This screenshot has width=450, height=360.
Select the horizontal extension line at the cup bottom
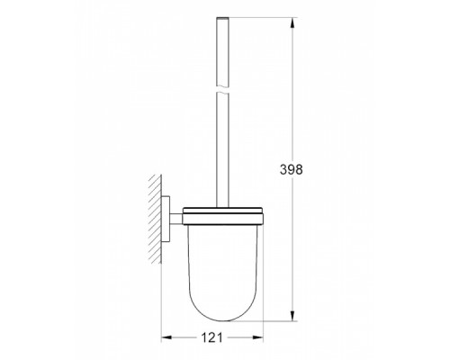261,319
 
